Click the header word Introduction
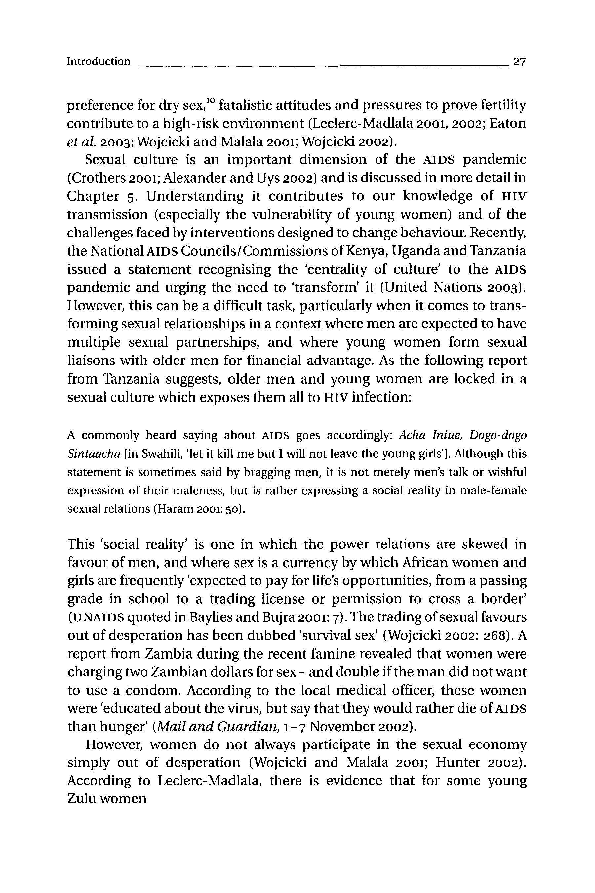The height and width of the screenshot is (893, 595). click(x=99, y=62)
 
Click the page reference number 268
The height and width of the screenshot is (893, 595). click(x=494, y=636)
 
